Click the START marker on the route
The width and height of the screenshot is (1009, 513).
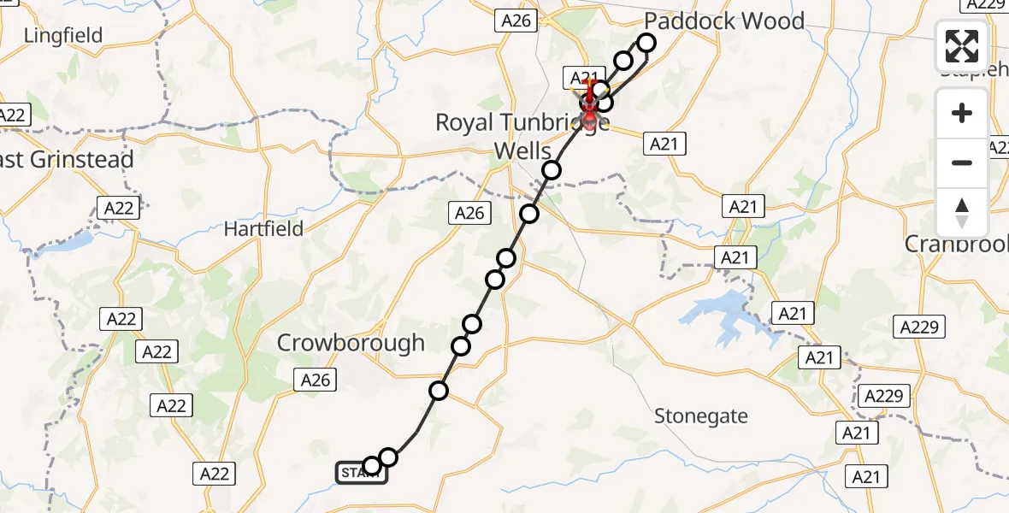(361, 473)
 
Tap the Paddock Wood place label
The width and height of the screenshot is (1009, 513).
(723, 21)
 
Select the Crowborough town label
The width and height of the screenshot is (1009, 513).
(351, 343)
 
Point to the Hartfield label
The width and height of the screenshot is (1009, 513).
(263, 228)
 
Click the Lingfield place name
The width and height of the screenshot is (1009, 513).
(63, 36)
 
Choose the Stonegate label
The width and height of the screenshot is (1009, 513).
(701, 416)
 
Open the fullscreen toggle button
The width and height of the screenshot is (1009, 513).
(962, 46)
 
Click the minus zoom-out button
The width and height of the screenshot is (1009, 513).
(962, 162)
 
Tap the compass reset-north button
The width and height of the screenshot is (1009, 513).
(962, 212)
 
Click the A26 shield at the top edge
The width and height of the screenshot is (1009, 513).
(516, 21)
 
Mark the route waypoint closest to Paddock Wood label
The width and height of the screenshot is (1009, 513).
(646, 43)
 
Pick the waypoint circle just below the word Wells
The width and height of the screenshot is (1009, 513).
(552, 170)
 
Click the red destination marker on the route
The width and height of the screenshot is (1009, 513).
(589, 107)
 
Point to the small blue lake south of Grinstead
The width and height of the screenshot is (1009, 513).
(73, 242)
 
